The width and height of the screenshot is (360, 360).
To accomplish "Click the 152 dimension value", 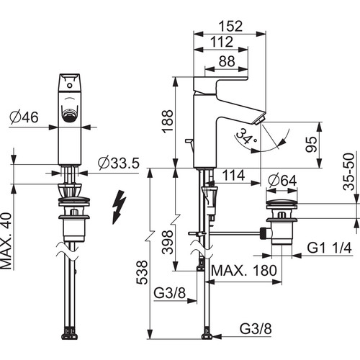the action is coord(230,26).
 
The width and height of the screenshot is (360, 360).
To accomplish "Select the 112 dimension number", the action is coord(222,42).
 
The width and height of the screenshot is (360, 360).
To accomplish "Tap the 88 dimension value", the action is coord(227,61).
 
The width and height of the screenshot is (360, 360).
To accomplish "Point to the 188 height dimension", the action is coord(167,121).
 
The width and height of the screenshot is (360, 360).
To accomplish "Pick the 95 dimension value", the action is coord(311,144).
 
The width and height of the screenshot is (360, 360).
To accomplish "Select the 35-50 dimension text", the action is coord(348,171).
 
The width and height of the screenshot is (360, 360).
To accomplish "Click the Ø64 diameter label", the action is coord(282,181).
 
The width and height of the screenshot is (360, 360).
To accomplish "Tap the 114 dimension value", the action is coord(233,175).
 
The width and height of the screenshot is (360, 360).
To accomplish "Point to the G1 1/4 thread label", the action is coord(329,248).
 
